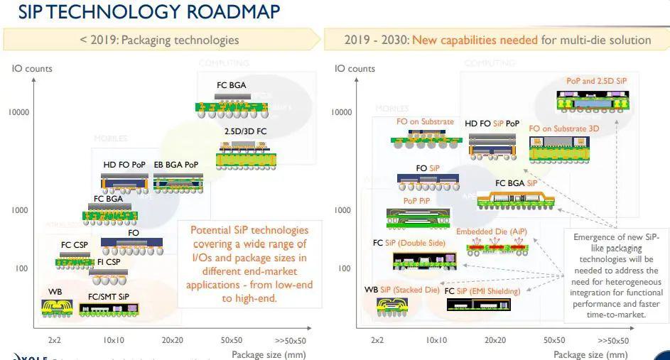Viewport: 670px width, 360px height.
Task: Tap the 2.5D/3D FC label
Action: click(244, 131)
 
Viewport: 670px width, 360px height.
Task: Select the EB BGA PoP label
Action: click(176, 165)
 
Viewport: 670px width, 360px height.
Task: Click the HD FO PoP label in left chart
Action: click(124, 165)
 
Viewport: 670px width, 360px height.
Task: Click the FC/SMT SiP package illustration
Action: click(109, 310)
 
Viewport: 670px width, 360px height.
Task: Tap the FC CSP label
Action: click(75, 245)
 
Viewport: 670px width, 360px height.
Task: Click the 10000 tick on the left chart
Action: click(19, 112)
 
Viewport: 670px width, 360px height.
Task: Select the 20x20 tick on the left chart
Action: click(173, 340)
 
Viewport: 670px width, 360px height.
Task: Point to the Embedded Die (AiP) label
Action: click(492, 232)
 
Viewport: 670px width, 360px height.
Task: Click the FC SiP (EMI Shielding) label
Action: click(482, 291)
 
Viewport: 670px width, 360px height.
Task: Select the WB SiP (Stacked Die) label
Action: click(402, 290)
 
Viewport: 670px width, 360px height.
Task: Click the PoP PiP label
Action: click(417, 201)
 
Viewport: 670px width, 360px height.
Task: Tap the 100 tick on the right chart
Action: click(343, 268)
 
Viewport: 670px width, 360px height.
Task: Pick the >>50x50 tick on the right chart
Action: click(613, 340)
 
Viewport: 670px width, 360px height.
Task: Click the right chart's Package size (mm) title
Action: click(590, 354)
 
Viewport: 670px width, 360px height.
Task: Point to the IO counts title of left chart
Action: click(32, 69)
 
